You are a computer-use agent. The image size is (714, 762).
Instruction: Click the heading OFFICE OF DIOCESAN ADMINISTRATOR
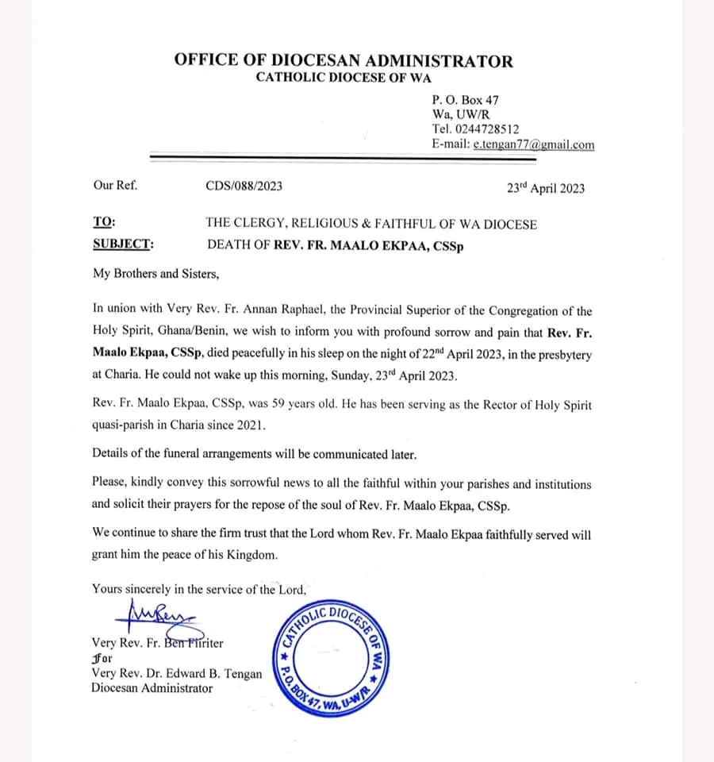pos(344,61)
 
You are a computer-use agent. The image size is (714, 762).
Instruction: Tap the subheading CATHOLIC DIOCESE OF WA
pos(344,78)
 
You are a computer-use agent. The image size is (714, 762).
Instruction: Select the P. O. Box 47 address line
pos(466,100)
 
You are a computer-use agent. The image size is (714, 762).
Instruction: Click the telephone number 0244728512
pos(486,129)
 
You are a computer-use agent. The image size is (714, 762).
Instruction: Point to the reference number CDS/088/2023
pos(244,187)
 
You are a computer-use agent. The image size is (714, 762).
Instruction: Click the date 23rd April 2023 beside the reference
pos(545,188)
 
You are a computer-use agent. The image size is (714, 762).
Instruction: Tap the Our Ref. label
pos(115,187)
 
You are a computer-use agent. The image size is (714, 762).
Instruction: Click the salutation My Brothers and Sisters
pos(155,275)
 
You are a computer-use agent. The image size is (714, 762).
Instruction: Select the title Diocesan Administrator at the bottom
pos(152,688)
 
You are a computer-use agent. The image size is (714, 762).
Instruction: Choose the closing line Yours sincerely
pos(198,589)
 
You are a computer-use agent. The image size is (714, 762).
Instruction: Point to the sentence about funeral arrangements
pos(254,455)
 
